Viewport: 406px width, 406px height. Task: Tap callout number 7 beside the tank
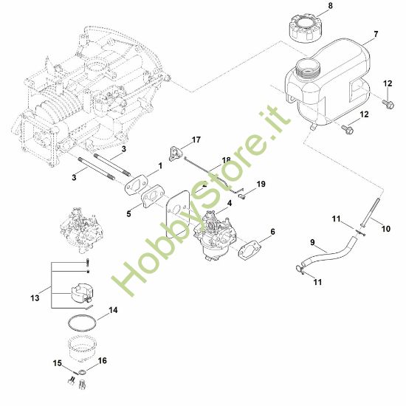pyautogui.click(x=376, y=34)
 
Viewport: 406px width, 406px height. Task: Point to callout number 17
pyautogui.click(x=196, y=140)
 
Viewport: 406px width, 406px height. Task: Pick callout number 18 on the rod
pyautogui.click(x=226, y=159)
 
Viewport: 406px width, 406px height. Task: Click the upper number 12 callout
pyautogui.click(x=388, y=83)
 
